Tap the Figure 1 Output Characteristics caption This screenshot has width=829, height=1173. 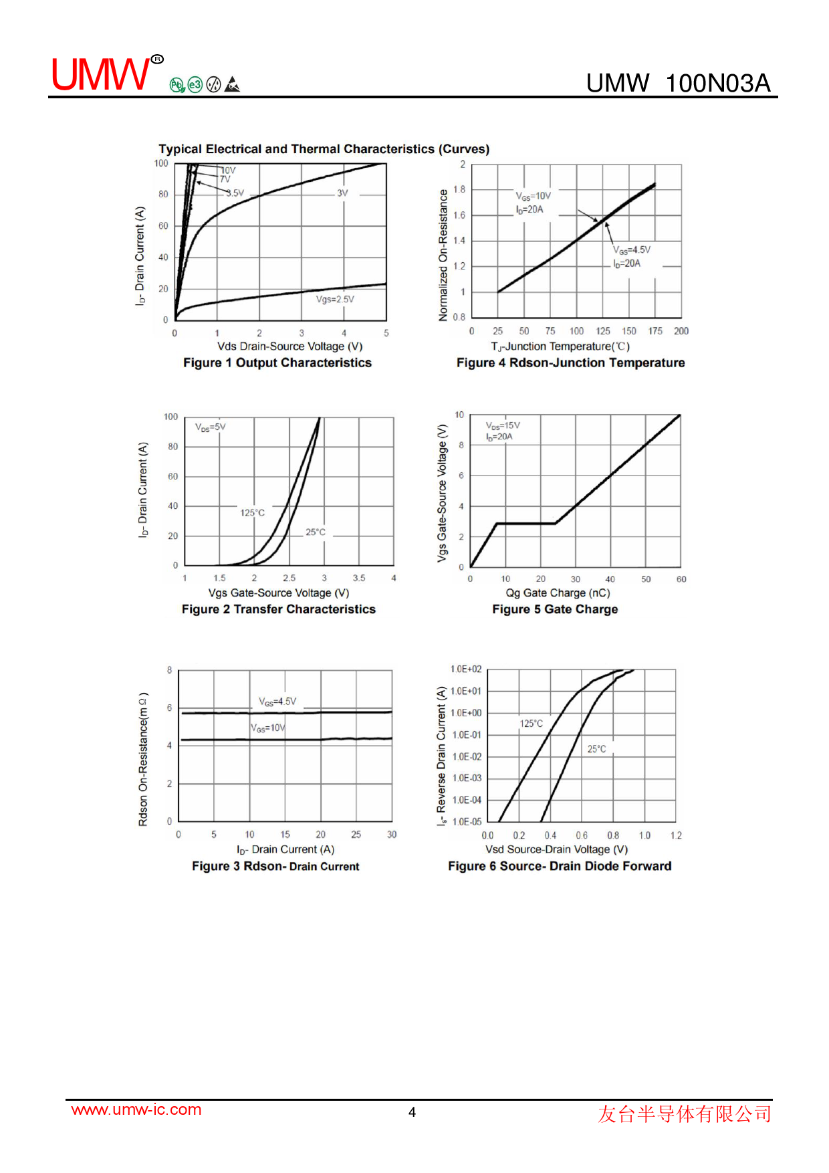(x=277, y=362)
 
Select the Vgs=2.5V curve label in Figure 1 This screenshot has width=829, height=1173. (x=335, y=299)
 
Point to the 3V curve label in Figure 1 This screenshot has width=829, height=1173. (x=342, y=193)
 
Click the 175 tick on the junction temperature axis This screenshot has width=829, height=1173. (x=655, y=331)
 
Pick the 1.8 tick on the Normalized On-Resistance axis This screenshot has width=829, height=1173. (x=459, y=189)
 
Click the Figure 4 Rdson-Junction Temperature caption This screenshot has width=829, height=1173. (x=570, y=362)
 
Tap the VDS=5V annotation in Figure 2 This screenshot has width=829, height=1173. (x=211, y=427)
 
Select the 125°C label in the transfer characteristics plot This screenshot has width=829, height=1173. (x=253, y=513)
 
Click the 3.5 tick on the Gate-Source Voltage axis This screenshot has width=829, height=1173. (x=359, y=578)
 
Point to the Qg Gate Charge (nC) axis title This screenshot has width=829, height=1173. (x=558, y=593)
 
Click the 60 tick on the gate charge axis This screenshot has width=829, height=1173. (x=681, y=579)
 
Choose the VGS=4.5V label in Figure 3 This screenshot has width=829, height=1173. (x=277, y=702)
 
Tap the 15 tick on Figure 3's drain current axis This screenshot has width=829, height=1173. (x=285, y=835)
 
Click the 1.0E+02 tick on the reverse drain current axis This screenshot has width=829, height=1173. (x=466, y=669)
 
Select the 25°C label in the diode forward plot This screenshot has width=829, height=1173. (x=596, y=749)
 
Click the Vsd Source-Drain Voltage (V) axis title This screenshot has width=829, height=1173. (x=556, y=849)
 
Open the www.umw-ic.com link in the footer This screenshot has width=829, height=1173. (x=136, y=1109)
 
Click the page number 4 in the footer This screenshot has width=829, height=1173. (x=412, y=1112)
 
